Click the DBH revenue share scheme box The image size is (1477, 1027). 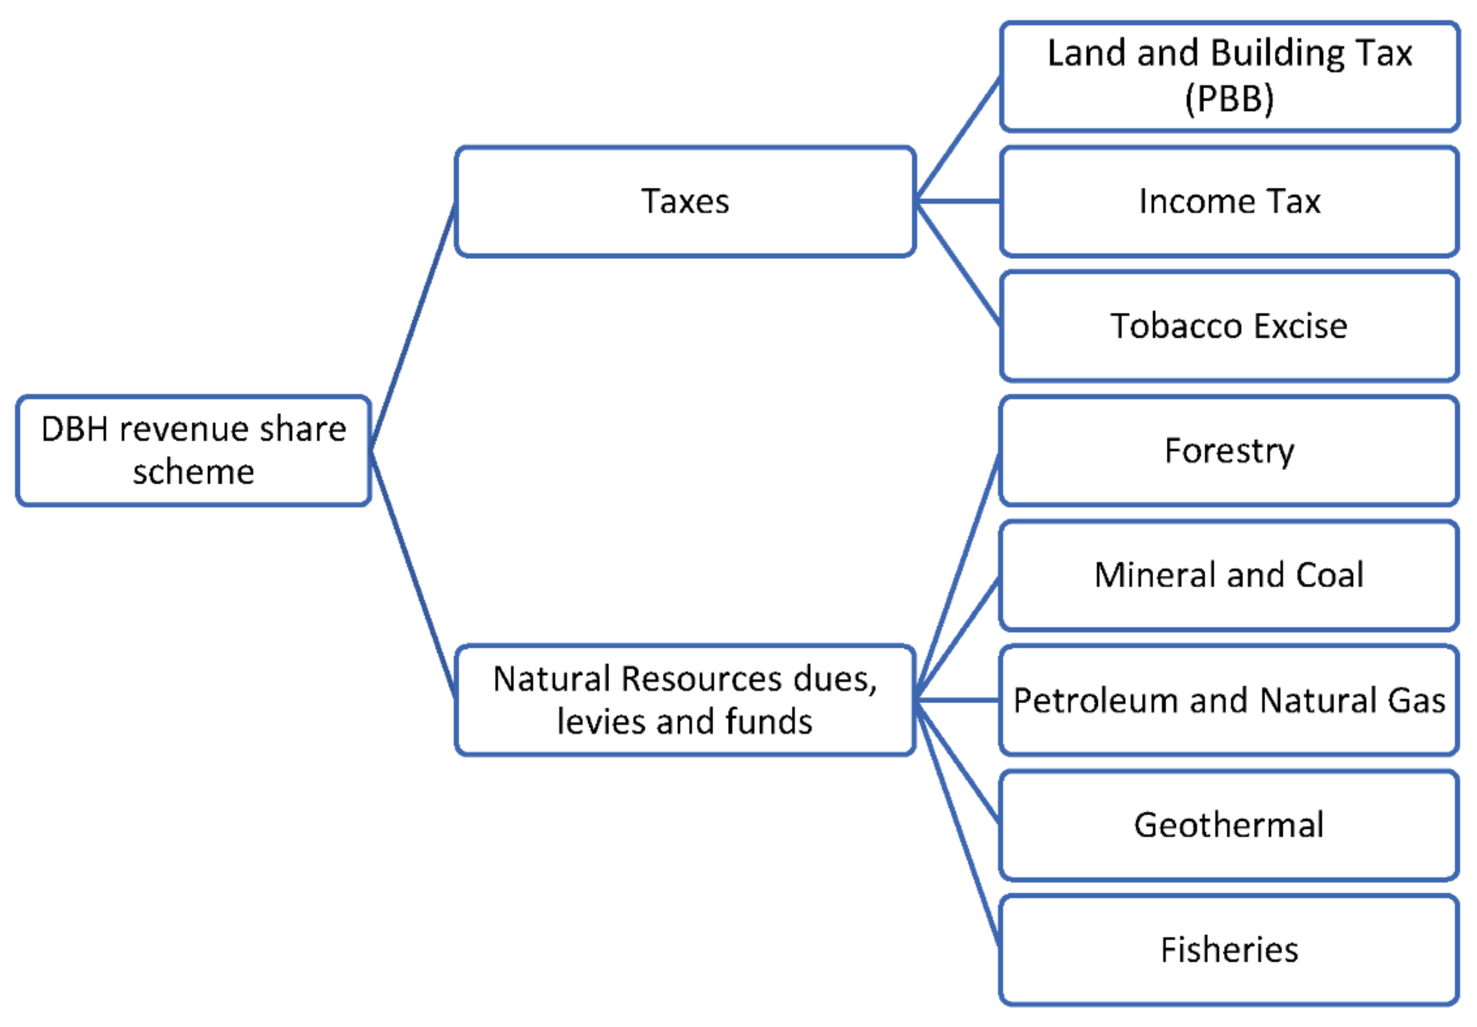(x=193, y=450)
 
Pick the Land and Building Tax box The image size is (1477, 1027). (x=1229, y=76)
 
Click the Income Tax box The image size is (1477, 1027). (x=1229, y=201)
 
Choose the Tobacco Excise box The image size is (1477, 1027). (x=1229, y=326)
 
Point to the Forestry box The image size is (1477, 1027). (x=1229, y=450)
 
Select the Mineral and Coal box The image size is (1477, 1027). (x=1229, y=575)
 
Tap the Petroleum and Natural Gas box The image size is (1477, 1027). (x=1229, y=700)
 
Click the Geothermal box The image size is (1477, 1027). (x=1229, y=825)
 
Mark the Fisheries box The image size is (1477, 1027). (x=1229, y=950)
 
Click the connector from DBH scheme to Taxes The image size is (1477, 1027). (x=413, y=327)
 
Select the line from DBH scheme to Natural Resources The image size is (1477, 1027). (x=413, y=575)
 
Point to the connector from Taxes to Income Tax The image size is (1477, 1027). (x=958, y=201)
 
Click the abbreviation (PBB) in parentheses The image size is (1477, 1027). (x=1229, y=99)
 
